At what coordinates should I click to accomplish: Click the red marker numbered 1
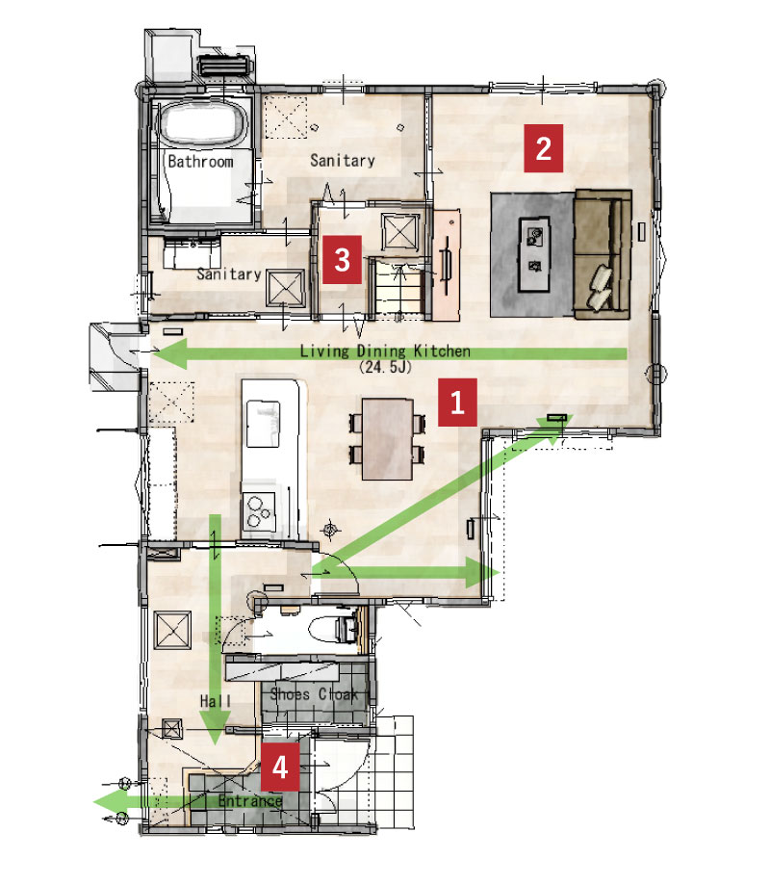coord(457,403)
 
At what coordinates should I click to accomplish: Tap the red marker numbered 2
coord(543,148)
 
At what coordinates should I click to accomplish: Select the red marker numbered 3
coord(342,260)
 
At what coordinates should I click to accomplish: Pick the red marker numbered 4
coord(280,767)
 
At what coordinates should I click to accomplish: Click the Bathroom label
coord(201,162)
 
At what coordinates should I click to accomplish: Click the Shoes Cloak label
coord(314,693)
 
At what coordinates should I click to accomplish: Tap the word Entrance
coord(250,800)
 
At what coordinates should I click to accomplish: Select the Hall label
coord(216,701)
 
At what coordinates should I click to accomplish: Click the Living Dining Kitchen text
coord(385,351)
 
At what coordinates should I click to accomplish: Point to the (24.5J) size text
coord(385,367)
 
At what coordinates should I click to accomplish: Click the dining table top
coord(387,439)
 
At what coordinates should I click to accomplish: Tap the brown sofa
coord(603,254)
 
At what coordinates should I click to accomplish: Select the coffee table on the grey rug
coord(533,254)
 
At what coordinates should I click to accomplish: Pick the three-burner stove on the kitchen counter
coord(259,510)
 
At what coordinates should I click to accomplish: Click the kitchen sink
coord(264,424)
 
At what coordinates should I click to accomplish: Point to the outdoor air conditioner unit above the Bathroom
coord(224,65)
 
